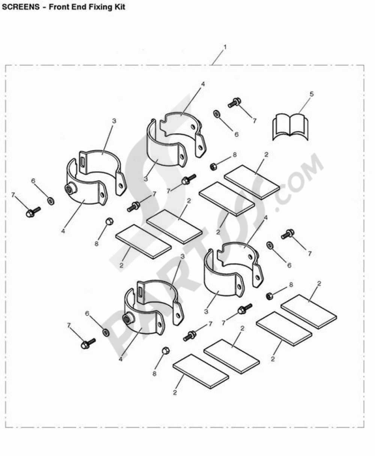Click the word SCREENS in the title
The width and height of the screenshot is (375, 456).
pyautogui.click(x=21, y=7)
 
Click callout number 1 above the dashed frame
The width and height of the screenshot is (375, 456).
pyautogui.click(x=225, y=47)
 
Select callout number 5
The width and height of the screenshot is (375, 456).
pyautogui.click(x=312, y=93)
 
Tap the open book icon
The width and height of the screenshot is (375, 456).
pyautogui.click(x=290, y=126)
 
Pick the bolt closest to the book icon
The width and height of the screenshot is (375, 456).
pyautogui.click(x=235, y=102)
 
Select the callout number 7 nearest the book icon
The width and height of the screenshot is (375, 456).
pyautogui.click(x=255, y=121)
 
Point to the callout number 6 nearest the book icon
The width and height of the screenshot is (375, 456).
pyautogui.click(x=236, y=134)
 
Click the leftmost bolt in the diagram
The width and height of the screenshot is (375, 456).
pyautogui.click(x=32, y=212)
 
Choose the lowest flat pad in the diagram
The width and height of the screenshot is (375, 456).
pyautogui.click(x=201, y=371)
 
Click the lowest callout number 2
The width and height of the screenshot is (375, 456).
pyautogui.click(x=175, y=393)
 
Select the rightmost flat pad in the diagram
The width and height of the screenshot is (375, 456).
pyautogui.click(x=309, y=312)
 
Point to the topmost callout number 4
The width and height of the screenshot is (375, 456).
pyautogui.click(x=203, y=84)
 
